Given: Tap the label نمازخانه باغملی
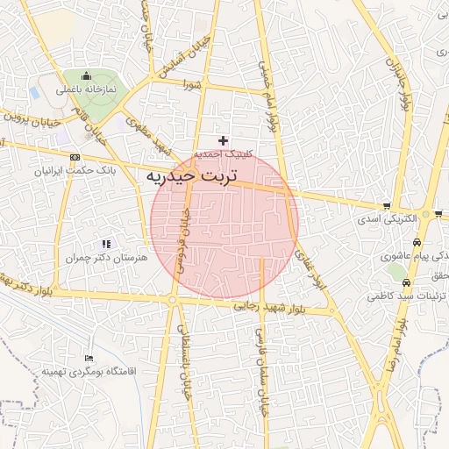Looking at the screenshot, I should pos(88,89).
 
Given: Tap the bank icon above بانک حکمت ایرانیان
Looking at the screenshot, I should pos(73,156).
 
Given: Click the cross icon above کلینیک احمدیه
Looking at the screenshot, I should pos(224,139).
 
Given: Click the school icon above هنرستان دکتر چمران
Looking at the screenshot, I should pos(106,244).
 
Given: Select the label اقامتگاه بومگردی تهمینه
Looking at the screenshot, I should pos(89,372).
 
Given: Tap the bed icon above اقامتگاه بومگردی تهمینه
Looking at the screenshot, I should pos(89,358).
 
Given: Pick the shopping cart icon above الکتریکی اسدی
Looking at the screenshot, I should pos(387,205).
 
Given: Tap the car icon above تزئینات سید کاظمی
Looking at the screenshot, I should pos(409,283).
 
